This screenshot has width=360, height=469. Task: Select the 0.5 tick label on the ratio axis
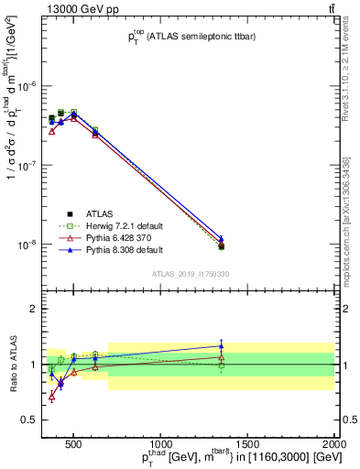pyautogui.click(x=29, y=420)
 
